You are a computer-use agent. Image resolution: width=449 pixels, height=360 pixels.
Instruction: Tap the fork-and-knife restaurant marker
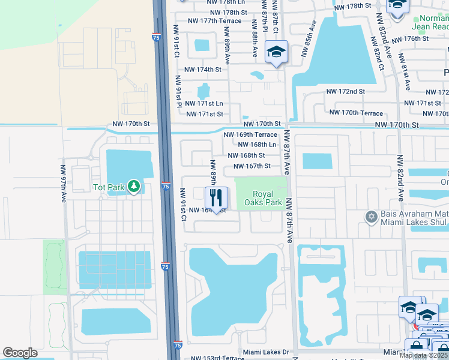click(x=217, y=197)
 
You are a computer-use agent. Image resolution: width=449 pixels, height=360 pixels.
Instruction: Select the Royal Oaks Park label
click(x=267, y=199)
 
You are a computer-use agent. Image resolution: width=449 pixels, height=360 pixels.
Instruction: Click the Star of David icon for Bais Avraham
click(x=372, y=215)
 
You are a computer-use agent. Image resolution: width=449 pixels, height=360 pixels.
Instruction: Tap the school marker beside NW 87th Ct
click(x=276, y=52)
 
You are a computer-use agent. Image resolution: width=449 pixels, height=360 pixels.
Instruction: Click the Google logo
click(x=20, y=353)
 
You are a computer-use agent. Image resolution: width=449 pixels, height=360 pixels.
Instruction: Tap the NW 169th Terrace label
click(x=250, y=134)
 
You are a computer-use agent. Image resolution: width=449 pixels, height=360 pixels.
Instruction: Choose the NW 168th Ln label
click(x=257, y=145)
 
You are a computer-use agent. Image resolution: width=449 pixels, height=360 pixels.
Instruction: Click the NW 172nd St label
click(x=345, y=92)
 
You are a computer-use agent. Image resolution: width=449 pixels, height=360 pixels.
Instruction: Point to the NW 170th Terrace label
click(x=356, y=113)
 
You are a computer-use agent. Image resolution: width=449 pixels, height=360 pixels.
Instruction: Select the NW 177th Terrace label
click(x=214, y=20)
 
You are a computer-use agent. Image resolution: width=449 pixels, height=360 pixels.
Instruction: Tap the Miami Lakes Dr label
click(x=266, y=352)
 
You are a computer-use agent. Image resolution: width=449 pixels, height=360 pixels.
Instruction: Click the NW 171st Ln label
click(x=205, y=104)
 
